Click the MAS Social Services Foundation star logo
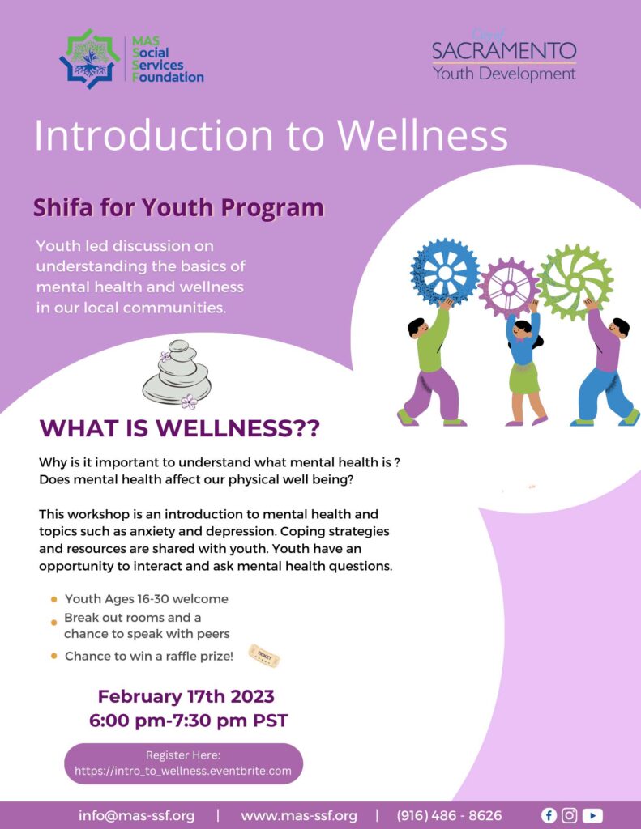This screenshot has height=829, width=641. pyautogui.click(x=90, y=58)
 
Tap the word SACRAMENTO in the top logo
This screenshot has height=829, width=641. pyautogui.click(x=503, y=51)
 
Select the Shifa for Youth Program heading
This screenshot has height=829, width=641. pyautogui.click(x=178, y=208)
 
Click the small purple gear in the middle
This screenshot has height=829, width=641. pyautogui.click(x=509, y=287)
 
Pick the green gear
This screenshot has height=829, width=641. pyautogui.click(x=575, y=281)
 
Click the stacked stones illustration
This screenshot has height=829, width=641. pyautogui.click(x=177, y=374)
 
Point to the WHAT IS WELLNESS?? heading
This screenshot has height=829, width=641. pyautogui.click(x=179, y=428)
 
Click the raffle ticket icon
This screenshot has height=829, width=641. pyautogui.click(x=264, y=655)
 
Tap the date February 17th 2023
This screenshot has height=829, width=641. pyautogui.click(x=186, y=696)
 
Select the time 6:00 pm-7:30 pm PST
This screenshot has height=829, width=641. pyautogui.click(x=188, y=720)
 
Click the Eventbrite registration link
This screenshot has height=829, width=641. pyautogui.click(x=183, y=771)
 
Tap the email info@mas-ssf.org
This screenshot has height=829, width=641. pyautogui.click(x=136, y=815)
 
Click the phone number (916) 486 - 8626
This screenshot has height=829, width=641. pyautogui.click(x=449, y=815)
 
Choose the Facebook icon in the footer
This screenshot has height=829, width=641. pyautogui.click(x=549, y=815)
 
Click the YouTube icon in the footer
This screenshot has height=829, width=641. pyautogui.click(x=592, y=815)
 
